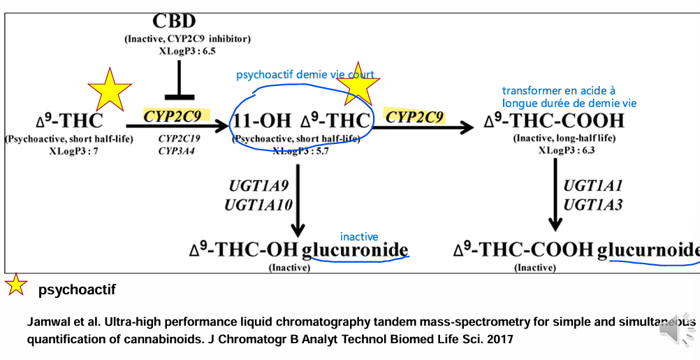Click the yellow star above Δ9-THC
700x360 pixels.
[x=109, y=89]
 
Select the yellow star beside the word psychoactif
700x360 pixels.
[x=16, y=285]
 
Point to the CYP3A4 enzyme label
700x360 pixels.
[x=176, y=150]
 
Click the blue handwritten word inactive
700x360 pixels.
[x=359, y=237]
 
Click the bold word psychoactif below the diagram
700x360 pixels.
[x=77, y=289]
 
